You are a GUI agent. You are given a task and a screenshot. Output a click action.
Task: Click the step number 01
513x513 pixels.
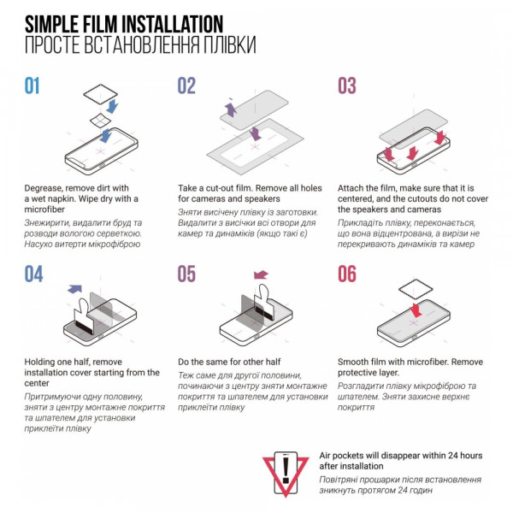click(x=32, y=85)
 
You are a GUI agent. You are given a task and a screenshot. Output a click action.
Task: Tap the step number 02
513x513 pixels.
click(x=186, y=85)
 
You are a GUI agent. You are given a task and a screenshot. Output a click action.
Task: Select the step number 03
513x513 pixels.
click(x=347, y=85)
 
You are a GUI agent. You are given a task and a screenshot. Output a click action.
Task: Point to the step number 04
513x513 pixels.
click(x=33, y=274)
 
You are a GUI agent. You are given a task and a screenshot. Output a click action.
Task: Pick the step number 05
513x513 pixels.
click(x=186, y=274)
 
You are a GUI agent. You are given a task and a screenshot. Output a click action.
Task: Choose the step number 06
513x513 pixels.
click(x=347, y=274)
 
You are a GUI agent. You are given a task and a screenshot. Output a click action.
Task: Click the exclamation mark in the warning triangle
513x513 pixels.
click(x=286, y=470)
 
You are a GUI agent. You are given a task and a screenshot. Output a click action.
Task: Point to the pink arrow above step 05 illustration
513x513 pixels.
click(x=261, y=274)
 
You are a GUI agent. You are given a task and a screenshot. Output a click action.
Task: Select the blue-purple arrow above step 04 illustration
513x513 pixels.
click(x=75, y=289)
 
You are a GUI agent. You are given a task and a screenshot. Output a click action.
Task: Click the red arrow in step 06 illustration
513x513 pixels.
click(x=416, y=310)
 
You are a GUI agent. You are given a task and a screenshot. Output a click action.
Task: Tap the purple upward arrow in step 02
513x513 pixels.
click(x=231, y=109)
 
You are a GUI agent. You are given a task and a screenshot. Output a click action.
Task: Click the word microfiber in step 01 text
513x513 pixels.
click(x=44, y=209)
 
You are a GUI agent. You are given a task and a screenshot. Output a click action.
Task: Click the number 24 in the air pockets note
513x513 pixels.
click(x=453, y=456)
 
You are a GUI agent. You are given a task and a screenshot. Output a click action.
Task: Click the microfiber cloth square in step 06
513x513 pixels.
click(x=416, y=289)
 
